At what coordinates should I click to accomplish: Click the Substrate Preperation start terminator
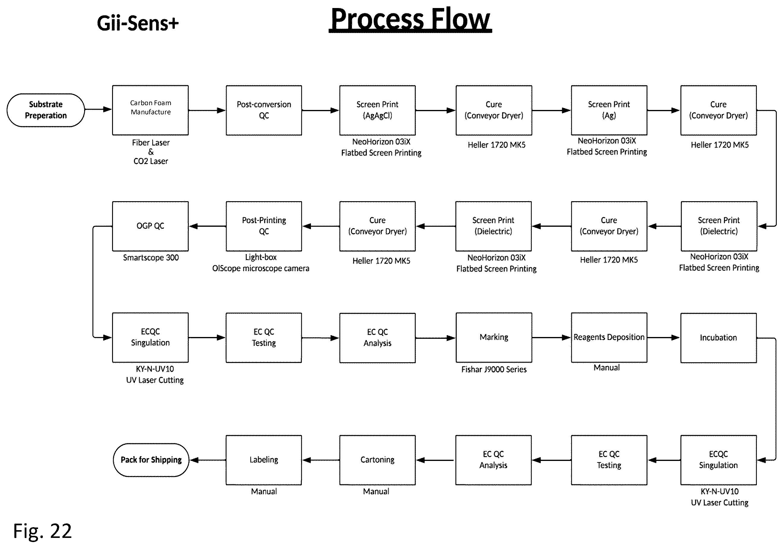pos(46,110)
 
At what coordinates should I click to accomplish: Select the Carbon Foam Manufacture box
pos(150,110)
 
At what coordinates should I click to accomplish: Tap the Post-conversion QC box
pos(264,110)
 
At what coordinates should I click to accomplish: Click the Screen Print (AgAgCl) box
pos(377,110)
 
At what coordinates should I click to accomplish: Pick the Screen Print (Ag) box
pos(609,110)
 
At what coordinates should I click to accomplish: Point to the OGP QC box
pos(150,226)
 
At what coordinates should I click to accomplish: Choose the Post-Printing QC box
pos(264,226)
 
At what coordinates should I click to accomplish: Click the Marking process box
pos(494,338)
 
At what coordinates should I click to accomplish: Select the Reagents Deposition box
pos(609,338)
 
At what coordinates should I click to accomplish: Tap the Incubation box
pos(718,338)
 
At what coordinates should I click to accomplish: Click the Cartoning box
pos(377,460)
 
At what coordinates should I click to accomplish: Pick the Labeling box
pos(264,460)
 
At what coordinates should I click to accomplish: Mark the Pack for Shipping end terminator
pos(151,460)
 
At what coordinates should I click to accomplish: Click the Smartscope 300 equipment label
pos(151,257)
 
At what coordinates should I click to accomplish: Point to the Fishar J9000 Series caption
pos(494,369)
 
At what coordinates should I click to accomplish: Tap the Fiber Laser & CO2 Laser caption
pos(151,152)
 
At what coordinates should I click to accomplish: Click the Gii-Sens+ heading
pos(138,23)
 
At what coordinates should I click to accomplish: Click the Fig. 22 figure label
pos(42,531)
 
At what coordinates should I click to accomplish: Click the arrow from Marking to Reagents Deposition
pos(551,338)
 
